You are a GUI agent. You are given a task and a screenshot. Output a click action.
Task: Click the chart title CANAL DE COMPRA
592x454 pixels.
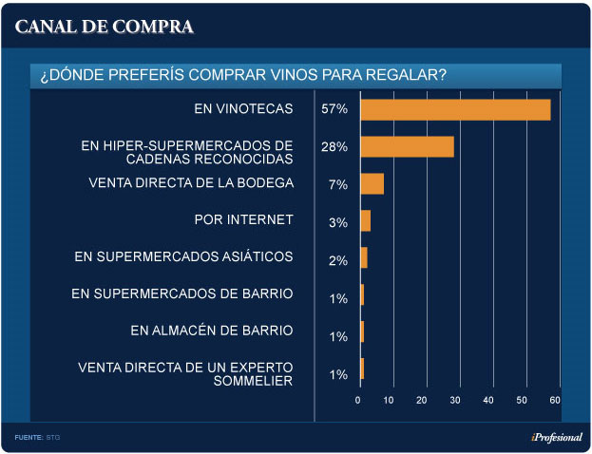(x=105, y=27)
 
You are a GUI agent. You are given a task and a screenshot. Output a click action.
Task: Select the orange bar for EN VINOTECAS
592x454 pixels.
(x=455, y=109)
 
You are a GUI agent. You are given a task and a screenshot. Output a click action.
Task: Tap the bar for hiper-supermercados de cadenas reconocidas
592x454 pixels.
(x=407, y=146)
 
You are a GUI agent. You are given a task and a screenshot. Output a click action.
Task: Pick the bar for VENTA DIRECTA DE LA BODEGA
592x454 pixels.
(x=372, y=183)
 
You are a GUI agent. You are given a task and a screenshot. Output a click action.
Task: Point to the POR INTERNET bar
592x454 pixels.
(x=365, y=221)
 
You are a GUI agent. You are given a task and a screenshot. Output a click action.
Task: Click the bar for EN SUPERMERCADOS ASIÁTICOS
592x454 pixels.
(x=363, y=258)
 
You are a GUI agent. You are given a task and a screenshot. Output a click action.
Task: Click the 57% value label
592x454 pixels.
(x=334, y=109)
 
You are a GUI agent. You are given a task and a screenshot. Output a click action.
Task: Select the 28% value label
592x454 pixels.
(x=334, y=147)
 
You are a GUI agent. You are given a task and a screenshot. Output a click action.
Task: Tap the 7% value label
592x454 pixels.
(x=337, y=184)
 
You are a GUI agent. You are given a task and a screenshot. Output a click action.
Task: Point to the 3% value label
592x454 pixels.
(x=337, y=222)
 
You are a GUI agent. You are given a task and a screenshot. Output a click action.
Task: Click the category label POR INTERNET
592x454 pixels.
(x=243, y=220)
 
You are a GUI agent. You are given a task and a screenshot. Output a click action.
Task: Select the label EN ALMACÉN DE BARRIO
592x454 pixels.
(x=212, y=331)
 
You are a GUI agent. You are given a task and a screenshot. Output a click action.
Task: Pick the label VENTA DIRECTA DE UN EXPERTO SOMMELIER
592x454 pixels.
(x=185, y=373)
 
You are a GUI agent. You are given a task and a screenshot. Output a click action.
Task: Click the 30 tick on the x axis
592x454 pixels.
(x=455, y=401)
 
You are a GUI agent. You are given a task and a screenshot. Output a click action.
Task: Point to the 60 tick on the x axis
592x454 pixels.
(x=555, y=401)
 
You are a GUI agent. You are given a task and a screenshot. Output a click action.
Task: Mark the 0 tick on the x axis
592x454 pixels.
(x=358, y=401)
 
